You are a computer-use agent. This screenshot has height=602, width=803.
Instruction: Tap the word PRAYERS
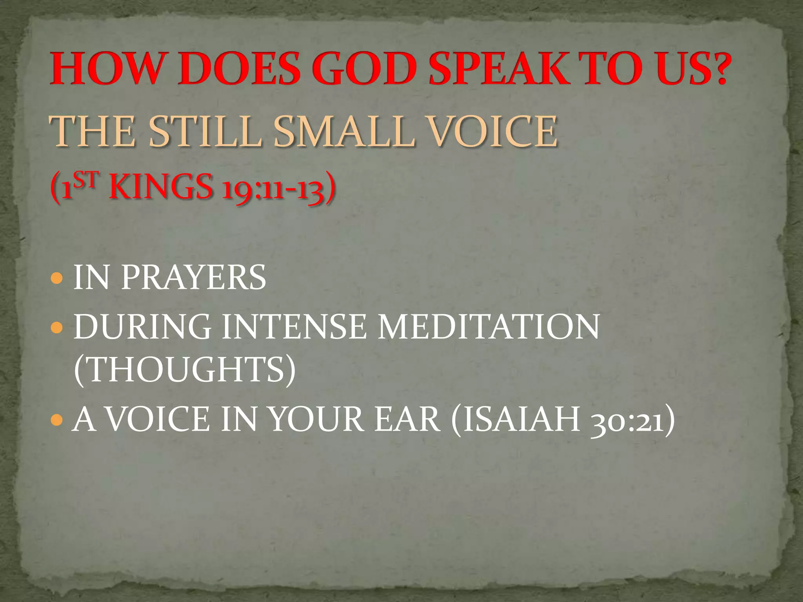(193, 277)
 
